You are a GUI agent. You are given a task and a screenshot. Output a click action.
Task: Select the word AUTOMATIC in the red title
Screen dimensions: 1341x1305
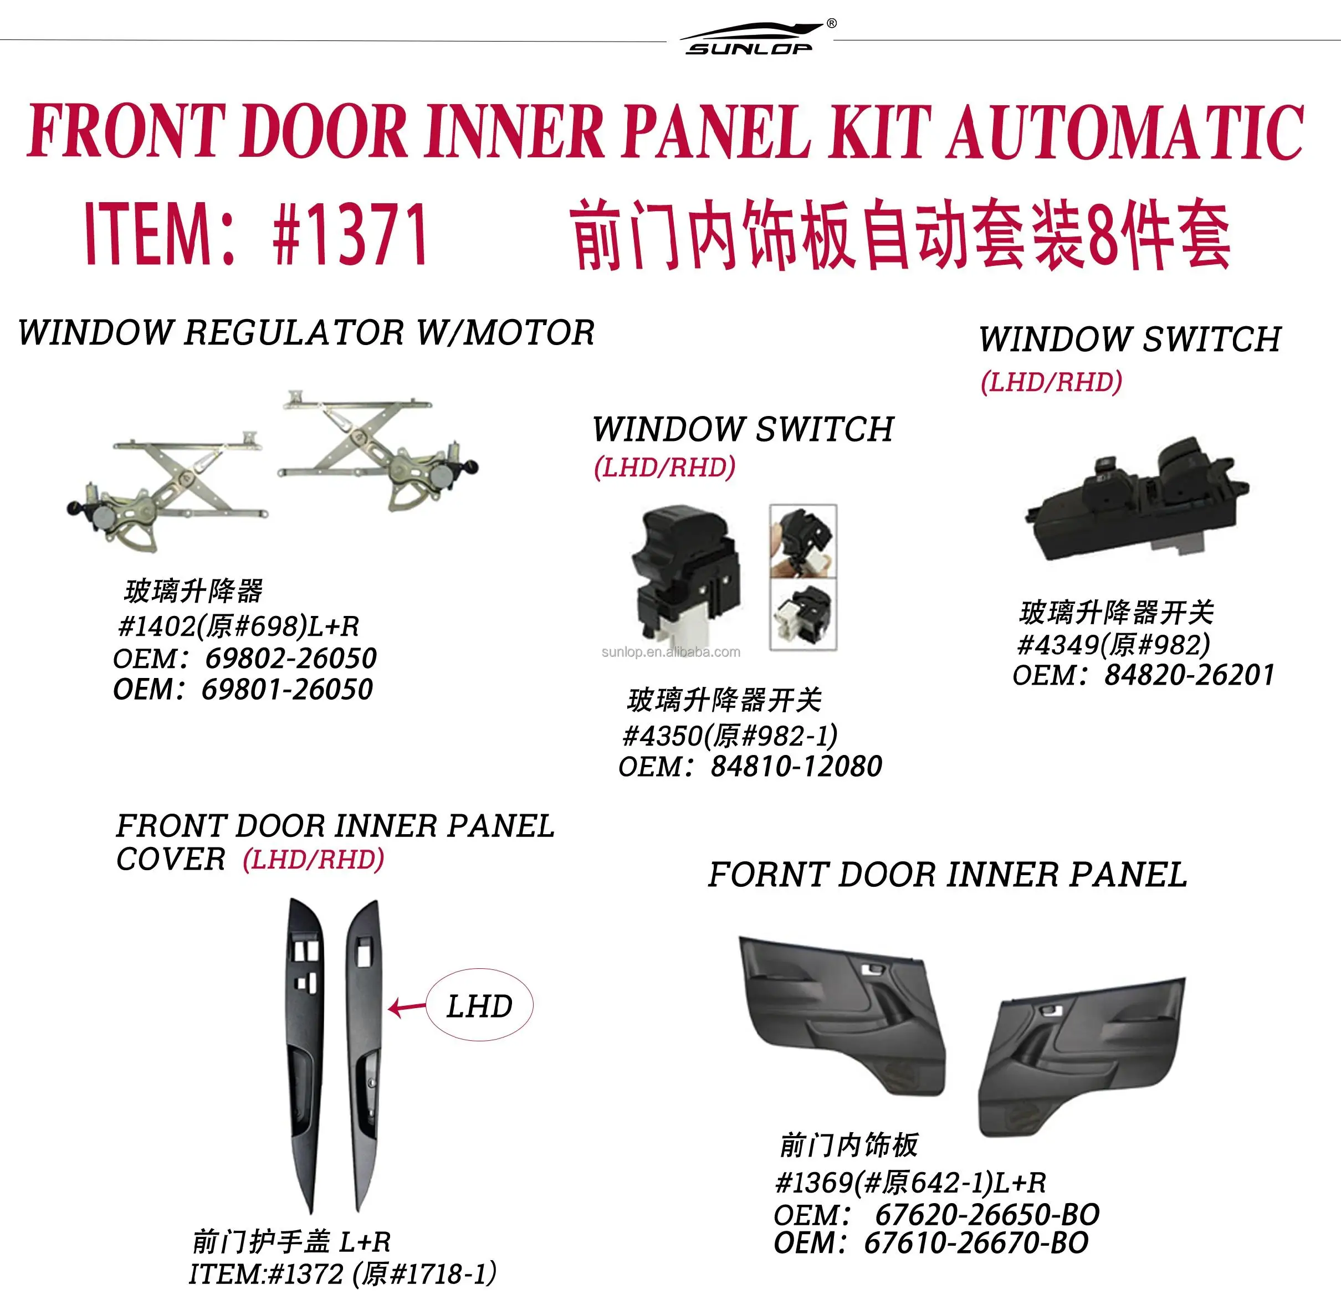pos(1126,132)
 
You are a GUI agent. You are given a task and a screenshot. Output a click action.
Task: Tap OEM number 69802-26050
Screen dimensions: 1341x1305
pos(291,658)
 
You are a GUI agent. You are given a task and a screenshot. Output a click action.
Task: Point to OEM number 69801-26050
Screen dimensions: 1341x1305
pos(287,689)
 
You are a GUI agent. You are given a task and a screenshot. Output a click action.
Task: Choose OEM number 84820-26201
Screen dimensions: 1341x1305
pos(1190,675)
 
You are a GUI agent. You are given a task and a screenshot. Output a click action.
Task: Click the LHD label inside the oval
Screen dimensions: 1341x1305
pos(479,1007)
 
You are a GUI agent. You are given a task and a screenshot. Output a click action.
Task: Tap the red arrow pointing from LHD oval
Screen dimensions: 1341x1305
pos(407,1008)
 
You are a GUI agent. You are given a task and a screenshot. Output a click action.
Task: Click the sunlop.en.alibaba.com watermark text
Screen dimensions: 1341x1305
pos(670,652)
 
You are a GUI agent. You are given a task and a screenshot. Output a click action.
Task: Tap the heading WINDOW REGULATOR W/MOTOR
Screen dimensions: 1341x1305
pos(306,333)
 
